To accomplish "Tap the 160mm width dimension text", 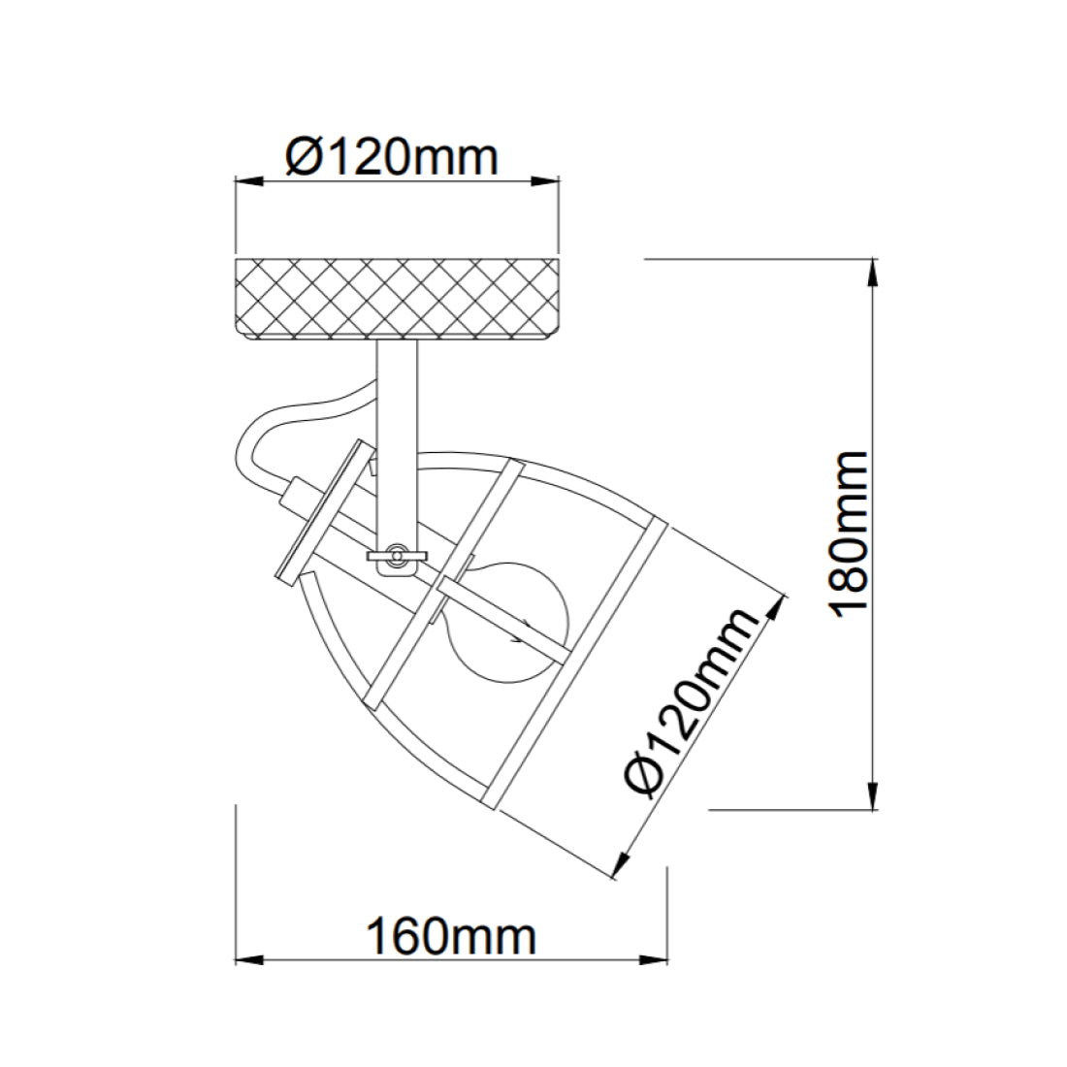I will [450, 937].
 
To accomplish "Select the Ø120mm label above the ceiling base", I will [392, 156].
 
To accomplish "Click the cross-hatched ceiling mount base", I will [398, 299].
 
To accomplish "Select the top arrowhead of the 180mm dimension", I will [876, 271].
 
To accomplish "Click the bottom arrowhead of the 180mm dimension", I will [876, 797].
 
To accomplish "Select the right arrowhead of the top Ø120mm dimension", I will [548, 179].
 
